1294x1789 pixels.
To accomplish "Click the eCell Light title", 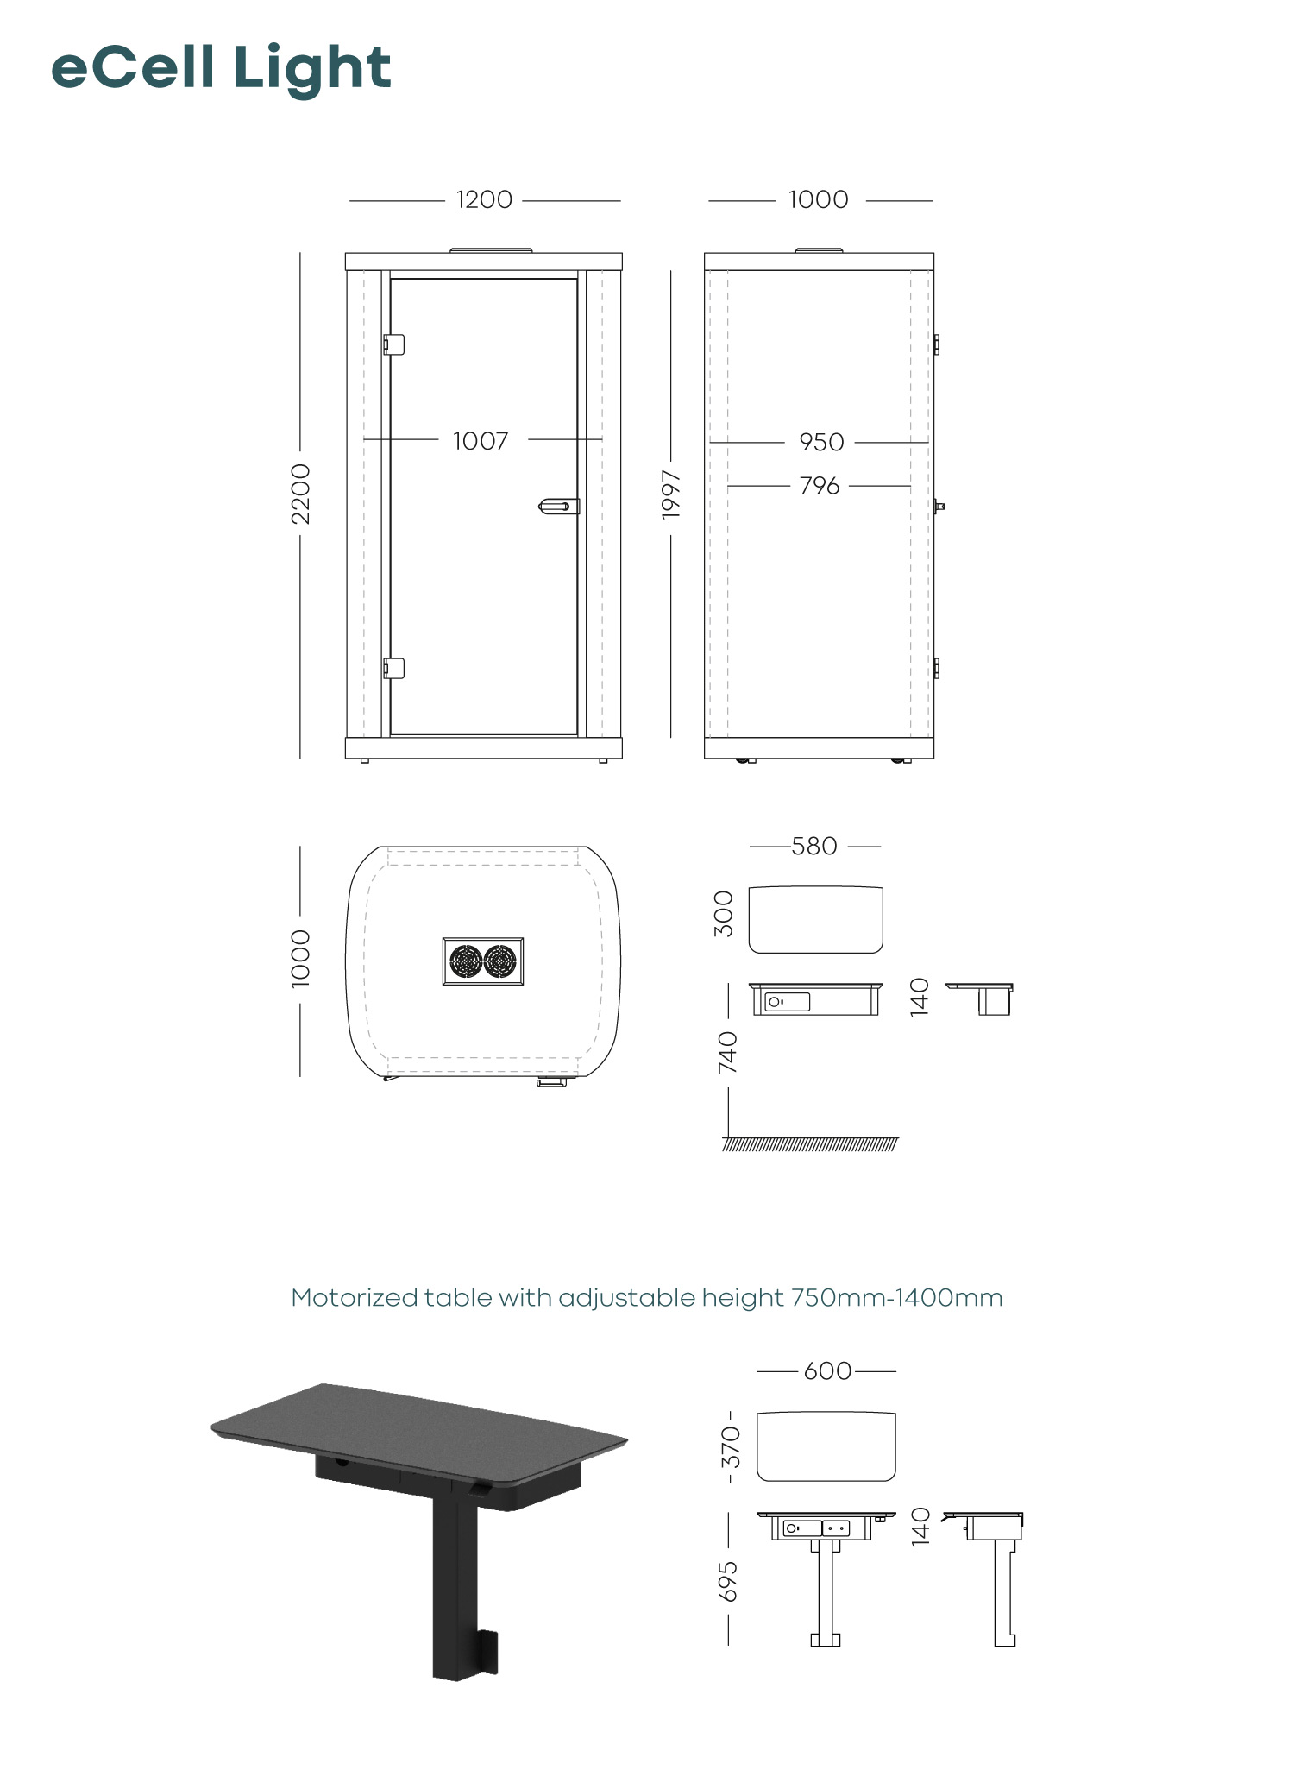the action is [x=221, y=69].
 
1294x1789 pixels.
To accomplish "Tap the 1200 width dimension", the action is [x=484, y=200].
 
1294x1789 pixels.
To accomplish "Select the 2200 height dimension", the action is [x=300, y=494].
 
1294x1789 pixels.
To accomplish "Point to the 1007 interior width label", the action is [x=481, y=441].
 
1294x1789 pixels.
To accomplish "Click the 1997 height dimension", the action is [x=671, y=494].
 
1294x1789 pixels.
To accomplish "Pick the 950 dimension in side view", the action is [x=821, y=442].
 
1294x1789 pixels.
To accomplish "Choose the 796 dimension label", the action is [x=820, y=486].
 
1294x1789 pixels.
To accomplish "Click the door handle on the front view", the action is [x=558, y=507].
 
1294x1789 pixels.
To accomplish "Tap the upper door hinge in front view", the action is [x=393, y=343].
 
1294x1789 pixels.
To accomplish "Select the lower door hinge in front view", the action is [x=393, y=668].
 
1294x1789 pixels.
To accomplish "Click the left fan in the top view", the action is [x=466, y=961].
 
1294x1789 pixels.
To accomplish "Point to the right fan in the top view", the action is [x=500, y=961].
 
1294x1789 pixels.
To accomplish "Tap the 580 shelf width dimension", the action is [x=814, y=847].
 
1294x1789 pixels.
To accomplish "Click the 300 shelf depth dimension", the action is [x=724, y=914].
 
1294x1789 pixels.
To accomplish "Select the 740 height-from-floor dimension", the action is [x=728, y=1052].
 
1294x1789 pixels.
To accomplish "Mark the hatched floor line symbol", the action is [x=810, y=1144].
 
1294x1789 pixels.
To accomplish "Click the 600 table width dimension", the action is [x=827, y=1371].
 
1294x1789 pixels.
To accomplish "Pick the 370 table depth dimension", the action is [x=731, y=1447].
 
